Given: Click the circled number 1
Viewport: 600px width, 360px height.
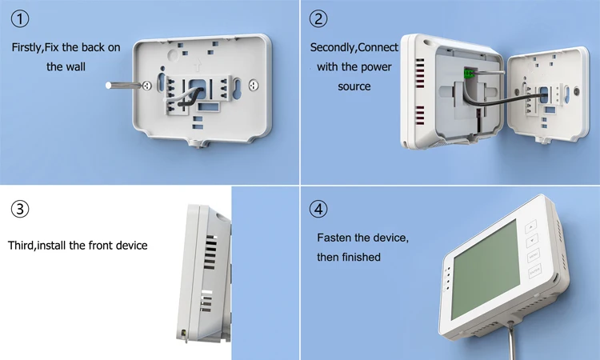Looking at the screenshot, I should click(21, 19).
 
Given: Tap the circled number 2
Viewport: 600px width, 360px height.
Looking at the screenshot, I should click(318, 19).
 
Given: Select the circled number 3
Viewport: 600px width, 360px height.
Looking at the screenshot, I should click(21, 210).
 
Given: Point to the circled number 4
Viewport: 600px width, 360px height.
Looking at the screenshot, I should click(318, 210).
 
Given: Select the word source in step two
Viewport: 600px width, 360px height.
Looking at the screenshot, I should click(354, 86).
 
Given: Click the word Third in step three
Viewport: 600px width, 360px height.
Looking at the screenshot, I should click(22, 246).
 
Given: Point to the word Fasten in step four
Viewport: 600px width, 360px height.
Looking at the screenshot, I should click(334, 238).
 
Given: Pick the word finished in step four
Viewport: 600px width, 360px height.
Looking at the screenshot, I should click(362, 258).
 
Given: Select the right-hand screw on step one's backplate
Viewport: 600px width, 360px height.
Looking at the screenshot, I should click(254, 84).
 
